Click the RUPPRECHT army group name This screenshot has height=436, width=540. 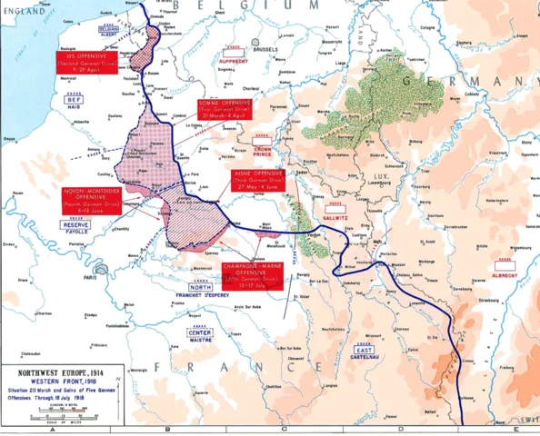pyautogui.click(x=235, y=63)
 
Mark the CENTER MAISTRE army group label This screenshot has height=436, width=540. pyautogui.click(x=199, y=335)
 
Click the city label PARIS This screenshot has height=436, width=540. pyautogui.click(x=89, y=278)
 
